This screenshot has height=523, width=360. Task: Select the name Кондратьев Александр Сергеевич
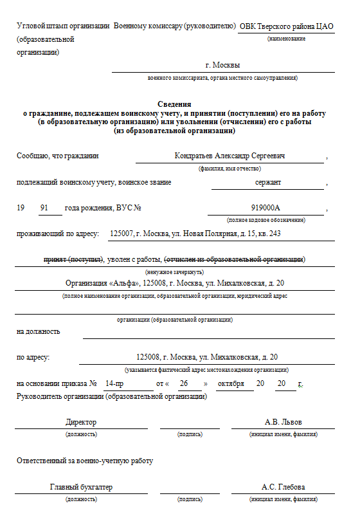(x=230, y=156)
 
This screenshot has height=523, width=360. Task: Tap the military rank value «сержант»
(x=267, y=182)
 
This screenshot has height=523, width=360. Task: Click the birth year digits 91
(x=44, y=208)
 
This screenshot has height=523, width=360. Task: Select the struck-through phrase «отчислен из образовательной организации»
(x=235, y=259)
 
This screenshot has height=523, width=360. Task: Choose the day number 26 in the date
(x=183, y=383)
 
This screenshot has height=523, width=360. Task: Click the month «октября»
(x=231, y=383)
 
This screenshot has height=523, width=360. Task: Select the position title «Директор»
(x=81, y=422)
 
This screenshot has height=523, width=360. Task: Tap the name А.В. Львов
(x=283, y=422)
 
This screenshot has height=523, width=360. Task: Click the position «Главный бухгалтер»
(x=81, y=487)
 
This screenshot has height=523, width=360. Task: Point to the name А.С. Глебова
(x=283, y=487)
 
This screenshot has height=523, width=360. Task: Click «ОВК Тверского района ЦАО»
(x=285, y=26)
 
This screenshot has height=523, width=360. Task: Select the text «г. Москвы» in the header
(x=222, y=65)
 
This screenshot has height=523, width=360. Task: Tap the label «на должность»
(x=39, y=331)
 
